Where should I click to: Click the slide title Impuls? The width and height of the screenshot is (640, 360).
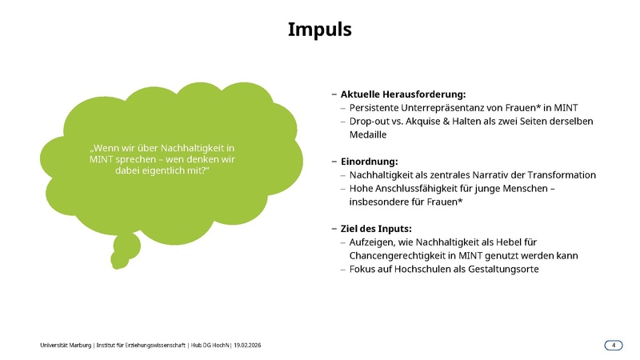tap(320, 30)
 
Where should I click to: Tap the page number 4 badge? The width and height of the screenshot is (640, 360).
tap(614, 345)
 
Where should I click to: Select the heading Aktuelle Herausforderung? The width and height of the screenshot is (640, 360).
tap(402, 94)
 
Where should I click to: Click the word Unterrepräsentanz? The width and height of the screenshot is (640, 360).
tap(442, 107)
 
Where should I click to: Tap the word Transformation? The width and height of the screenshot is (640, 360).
tap(566, 175)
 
